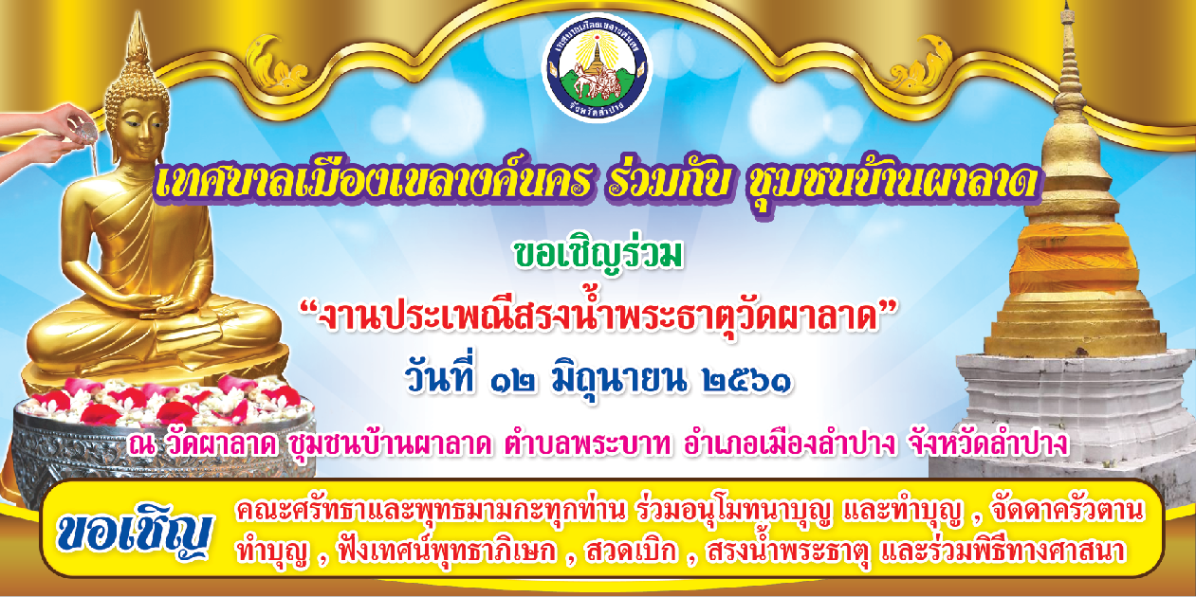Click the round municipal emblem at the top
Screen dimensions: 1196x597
[x=597, y=68]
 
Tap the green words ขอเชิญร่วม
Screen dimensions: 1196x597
[x=598, y=256]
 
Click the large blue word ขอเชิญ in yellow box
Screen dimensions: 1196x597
[x=134, y=531]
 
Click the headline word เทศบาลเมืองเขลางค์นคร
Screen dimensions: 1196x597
[x=373, y=181]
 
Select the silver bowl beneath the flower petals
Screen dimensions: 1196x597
[x=160, y=448]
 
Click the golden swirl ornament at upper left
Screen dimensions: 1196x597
[x=278, y=65]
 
